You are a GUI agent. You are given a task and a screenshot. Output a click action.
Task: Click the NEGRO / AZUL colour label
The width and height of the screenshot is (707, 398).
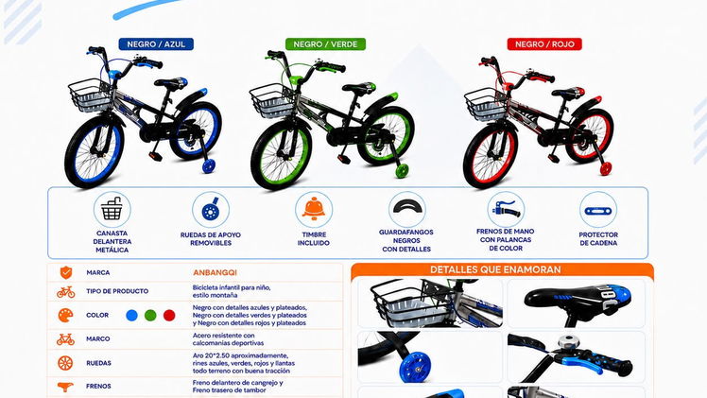(156, 44)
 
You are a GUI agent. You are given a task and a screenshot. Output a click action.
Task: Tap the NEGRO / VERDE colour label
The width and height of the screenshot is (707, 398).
(325, 44)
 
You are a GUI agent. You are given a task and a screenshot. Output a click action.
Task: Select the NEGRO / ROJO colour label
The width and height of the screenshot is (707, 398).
(544, 44)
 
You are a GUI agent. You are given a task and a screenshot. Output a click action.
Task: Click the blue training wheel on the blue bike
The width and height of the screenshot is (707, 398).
(208, 165)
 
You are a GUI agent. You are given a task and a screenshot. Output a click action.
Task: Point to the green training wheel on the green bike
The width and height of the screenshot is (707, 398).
(402, 171)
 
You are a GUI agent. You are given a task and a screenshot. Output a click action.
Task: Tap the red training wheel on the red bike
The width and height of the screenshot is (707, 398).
(606, 169)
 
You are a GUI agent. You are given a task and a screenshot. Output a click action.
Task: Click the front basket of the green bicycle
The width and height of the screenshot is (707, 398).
(272, 100)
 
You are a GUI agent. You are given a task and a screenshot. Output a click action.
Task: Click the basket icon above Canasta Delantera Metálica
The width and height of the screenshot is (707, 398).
(112, 210)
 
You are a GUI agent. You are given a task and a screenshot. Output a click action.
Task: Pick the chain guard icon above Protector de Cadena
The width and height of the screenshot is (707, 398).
(598, 211)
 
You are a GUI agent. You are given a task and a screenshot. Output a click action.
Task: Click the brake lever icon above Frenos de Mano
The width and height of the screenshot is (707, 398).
(506, 210)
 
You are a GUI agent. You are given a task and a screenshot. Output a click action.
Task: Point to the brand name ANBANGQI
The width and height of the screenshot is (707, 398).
(215, 272)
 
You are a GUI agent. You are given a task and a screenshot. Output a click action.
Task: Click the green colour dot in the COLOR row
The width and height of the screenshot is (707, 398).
(150, 316)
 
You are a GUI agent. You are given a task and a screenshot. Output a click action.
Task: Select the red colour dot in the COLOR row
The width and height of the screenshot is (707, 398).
(169, 316)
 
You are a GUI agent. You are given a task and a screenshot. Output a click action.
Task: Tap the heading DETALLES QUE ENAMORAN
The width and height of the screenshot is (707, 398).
(495, 269)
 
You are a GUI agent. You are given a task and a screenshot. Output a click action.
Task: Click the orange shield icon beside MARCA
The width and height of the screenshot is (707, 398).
(66, 272)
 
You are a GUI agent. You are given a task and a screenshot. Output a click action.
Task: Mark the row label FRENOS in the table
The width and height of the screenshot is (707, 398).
(98, 387)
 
